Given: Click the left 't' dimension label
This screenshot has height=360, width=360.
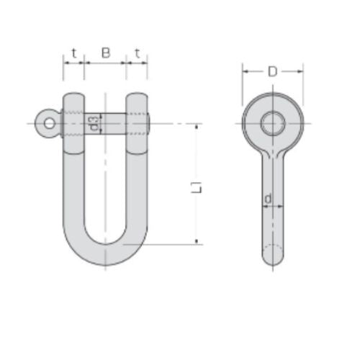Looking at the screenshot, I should pyautogui.click(x=74, y=53).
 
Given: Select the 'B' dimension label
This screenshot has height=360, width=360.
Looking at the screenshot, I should pyautogui.click(x=106, y=53).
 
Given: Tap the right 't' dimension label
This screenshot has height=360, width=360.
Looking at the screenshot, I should pyautogui.click(x=137, y=53).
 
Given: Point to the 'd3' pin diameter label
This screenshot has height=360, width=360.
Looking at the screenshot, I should pyautogui.click(x=94, y=123).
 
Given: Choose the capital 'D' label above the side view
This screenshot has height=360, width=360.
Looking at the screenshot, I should pyautogui.click(x=272, y=71).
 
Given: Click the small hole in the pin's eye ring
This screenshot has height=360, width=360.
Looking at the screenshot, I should pyautogui.click(x=49, y=123).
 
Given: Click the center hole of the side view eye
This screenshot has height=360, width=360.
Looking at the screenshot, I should pyautogui.click(x=272, y=123).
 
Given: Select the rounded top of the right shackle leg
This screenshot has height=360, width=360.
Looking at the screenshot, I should pyautogui.click(x=137, y=96).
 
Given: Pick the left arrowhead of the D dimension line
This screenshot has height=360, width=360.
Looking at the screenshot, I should pyautogui.click(x=245, y=71).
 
